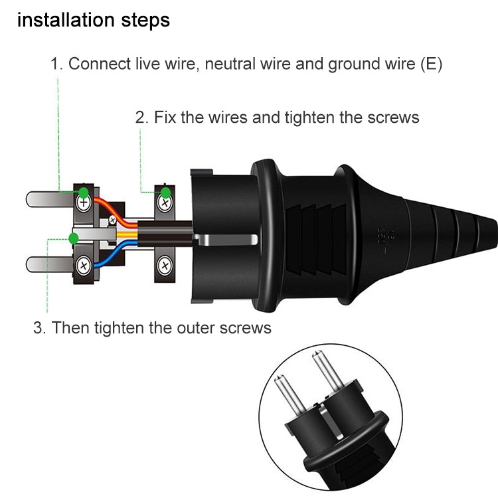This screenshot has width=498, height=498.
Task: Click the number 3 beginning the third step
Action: [38, 327]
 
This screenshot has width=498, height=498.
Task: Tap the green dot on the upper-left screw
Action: [83, 193]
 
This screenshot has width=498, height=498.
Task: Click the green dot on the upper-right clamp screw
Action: [165, 193]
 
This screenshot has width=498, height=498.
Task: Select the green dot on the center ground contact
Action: [74, 237]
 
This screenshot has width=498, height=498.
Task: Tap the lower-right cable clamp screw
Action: [164, 267]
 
